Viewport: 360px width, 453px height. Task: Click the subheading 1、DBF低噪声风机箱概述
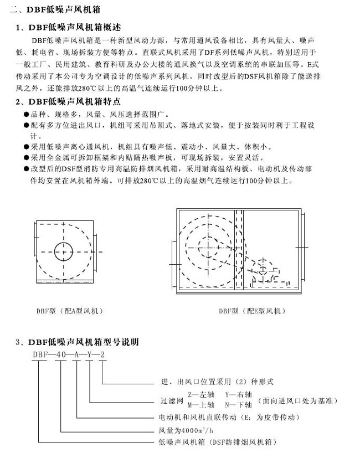(73, 27)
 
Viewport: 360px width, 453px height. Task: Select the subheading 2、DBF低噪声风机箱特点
(73, 101)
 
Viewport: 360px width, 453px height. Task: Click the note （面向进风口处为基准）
(299, 400)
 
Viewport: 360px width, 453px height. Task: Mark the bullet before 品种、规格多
(27, 114)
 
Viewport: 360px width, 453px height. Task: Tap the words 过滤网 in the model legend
(169, 400)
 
